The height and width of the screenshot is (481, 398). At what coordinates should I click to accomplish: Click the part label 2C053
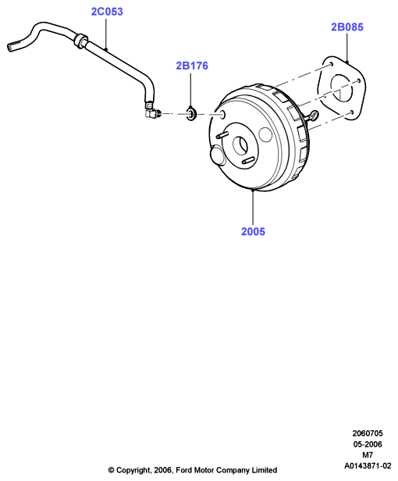[107, 12]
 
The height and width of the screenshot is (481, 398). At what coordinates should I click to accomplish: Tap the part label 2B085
[347, 27]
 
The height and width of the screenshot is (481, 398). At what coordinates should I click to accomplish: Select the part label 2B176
[192, 66]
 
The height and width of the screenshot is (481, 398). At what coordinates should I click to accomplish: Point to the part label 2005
[253, 231]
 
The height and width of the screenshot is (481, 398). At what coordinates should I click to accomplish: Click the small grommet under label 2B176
[192, 113]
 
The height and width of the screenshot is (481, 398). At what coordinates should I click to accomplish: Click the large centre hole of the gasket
[342, 88]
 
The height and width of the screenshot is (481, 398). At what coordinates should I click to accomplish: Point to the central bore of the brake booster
[240, 146]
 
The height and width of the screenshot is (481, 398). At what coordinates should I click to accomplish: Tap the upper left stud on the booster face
[222, 135]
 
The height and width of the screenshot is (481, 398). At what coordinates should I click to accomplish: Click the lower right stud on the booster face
[247, 160]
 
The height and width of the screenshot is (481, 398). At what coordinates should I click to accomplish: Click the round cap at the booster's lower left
[218, 156]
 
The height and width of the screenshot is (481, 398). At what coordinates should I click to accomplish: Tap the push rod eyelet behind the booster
[314, 116]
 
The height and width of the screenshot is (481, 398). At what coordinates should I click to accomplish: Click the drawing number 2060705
[368, 433]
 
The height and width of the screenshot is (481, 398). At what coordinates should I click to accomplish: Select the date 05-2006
[368, 444]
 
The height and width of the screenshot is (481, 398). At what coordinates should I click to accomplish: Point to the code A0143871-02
[368, 465]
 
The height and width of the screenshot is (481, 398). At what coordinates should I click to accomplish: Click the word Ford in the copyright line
[183, 470]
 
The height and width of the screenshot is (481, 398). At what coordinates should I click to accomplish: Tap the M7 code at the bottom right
[368, 455]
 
